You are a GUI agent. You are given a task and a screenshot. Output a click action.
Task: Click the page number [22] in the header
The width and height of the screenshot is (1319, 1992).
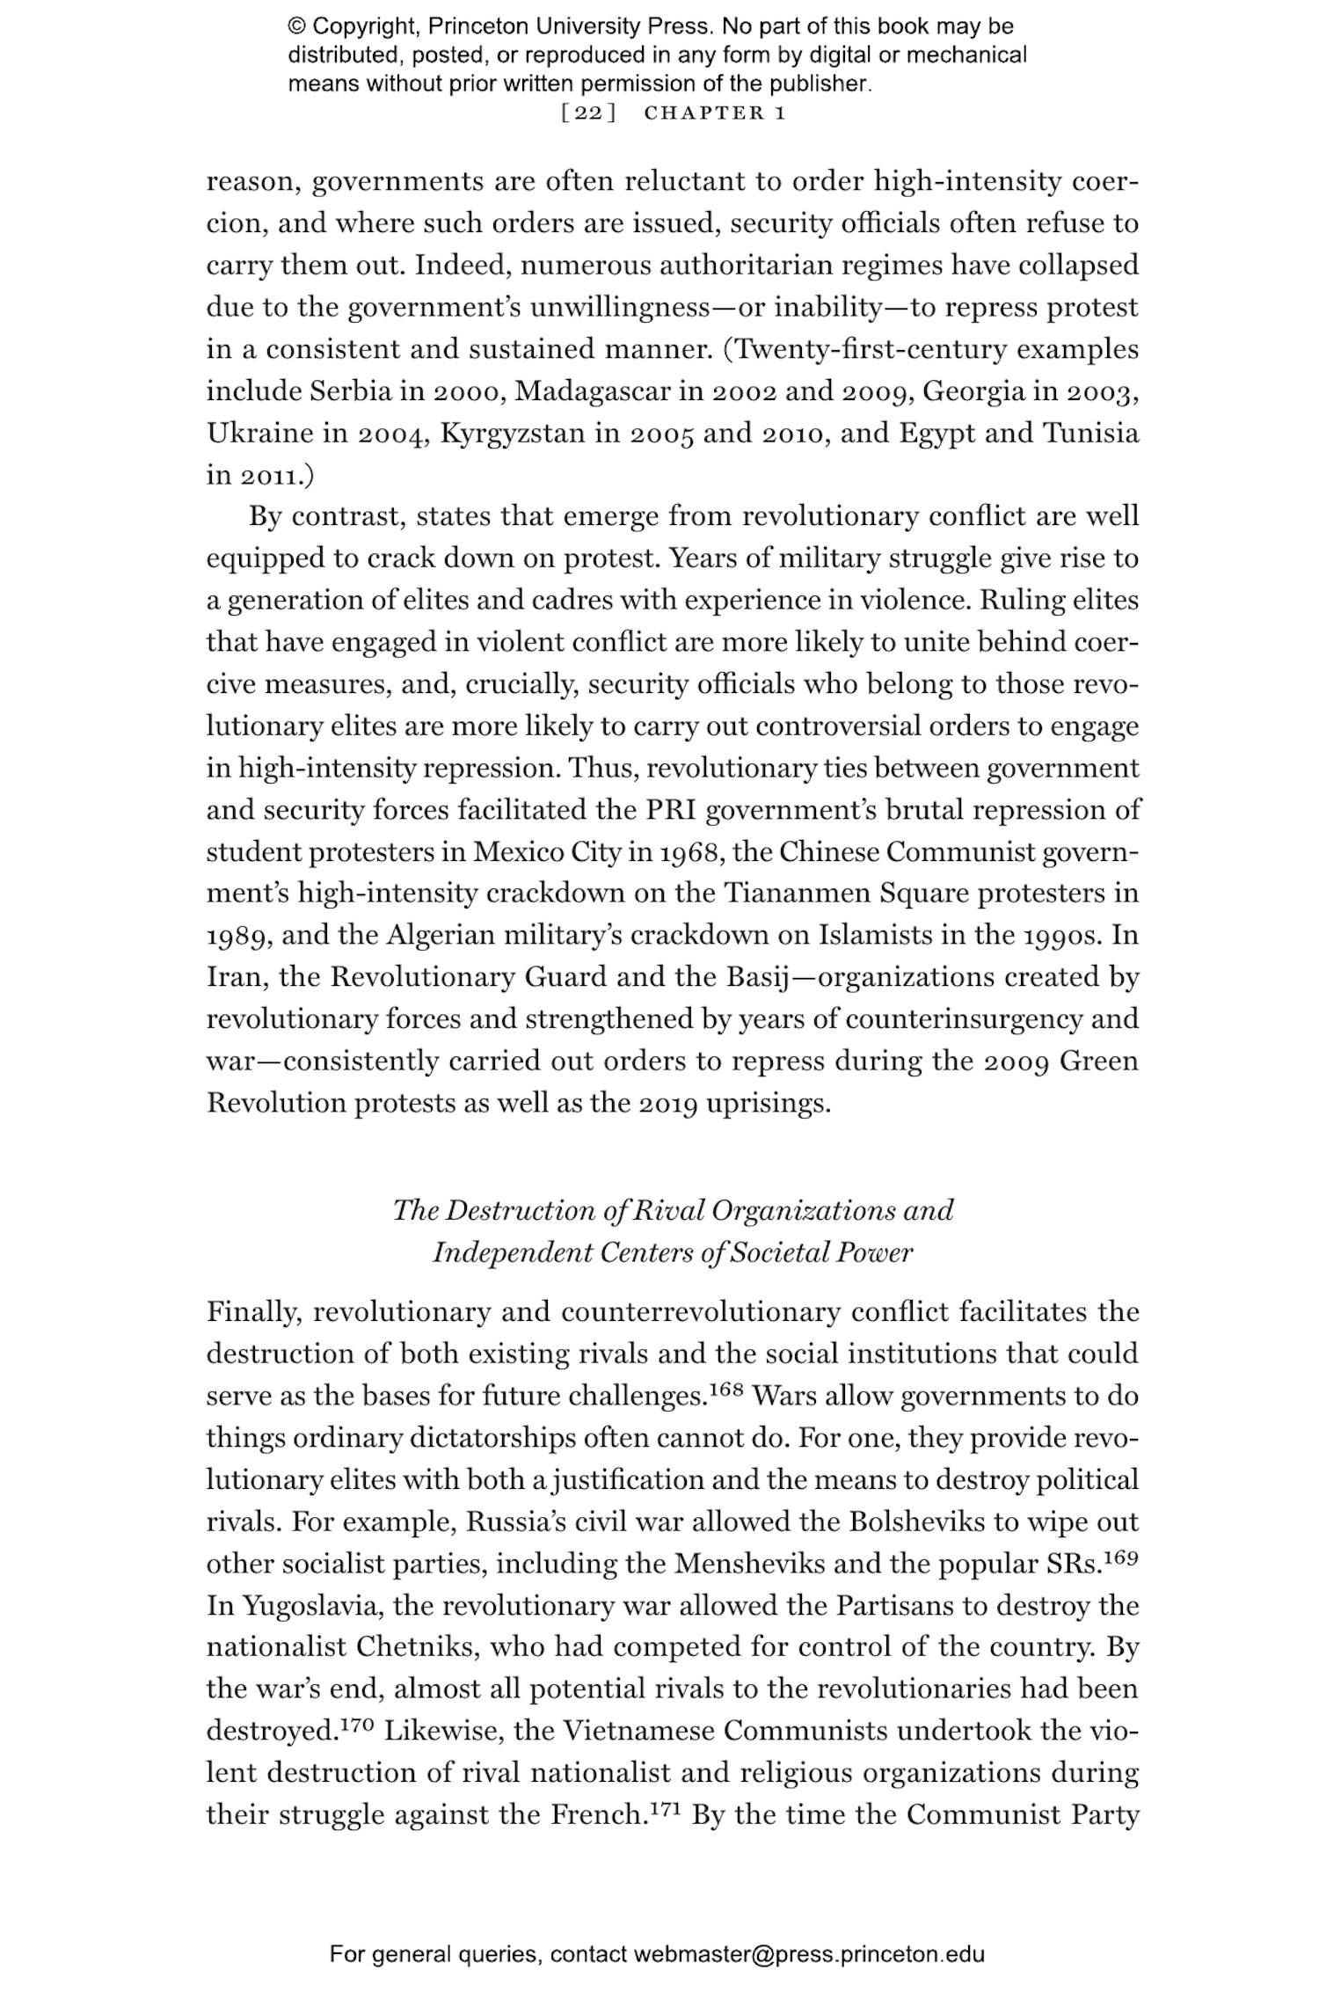587,113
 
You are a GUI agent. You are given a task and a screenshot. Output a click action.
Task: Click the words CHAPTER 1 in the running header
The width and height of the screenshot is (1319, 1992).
714,113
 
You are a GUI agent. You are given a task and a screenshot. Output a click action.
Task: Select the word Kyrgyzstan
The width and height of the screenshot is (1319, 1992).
512,433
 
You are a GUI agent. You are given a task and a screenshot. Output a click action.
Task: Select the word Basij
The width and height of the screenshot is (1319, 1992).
760,976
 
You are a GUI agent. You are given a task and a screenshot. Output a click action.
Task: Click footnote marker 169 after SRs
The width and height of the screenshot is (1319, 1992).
1121,1558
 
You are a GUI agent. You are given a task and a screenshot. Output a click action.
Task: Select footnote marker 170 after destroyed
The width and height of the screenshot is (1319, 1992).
358,1725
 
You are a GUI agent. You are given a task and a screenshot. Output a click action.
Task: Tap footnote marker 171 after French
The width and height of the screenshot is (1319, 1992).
666,1808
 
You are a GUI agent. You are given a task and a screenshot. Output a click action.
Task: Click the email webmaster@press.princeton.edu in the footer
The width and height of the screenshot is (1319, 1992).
808,1954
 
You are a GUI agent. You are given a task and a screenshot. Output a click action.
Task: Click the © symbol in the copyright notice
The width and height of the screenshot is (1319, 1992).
296,26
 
